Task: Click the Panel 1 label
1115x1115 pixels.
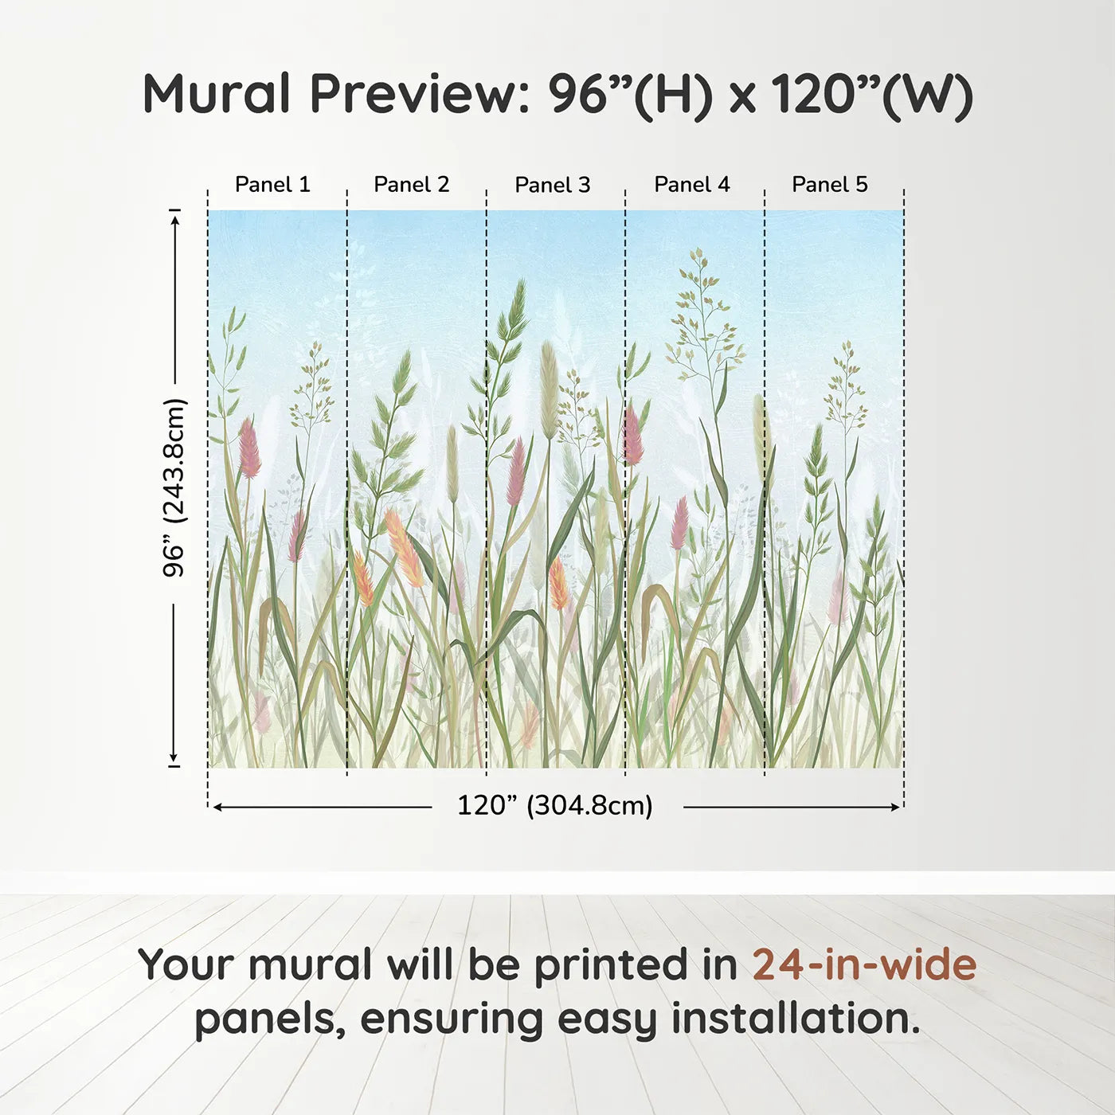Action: tap(272, 185)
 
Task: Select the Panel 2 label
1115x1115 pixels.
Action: tap(412, 185)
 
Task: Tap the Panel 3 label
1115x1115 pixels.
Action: tap(553, 185)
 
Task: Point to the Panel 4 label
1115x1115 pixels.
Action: tap(692, 185)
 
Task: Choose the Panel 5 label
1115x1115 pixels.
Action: tap(830, 185)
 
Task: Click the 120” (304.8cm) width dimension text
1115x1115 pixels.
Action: tap(555, 805)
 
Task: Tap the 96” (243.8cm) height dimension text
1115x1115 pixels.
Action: tap(174, 487)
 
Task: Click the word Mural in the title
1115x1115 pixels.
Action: tap(217, 94)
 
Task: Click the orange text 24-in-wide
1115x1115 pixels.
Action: tap(864, 964)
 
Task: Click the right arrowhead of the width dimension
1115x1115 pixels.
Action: tap(895, 807)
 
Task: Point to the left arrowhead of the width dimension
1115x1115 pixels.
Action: tap(219, 807)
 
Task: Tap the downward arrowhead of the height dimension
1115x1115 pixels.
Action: tap(173, 758)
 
